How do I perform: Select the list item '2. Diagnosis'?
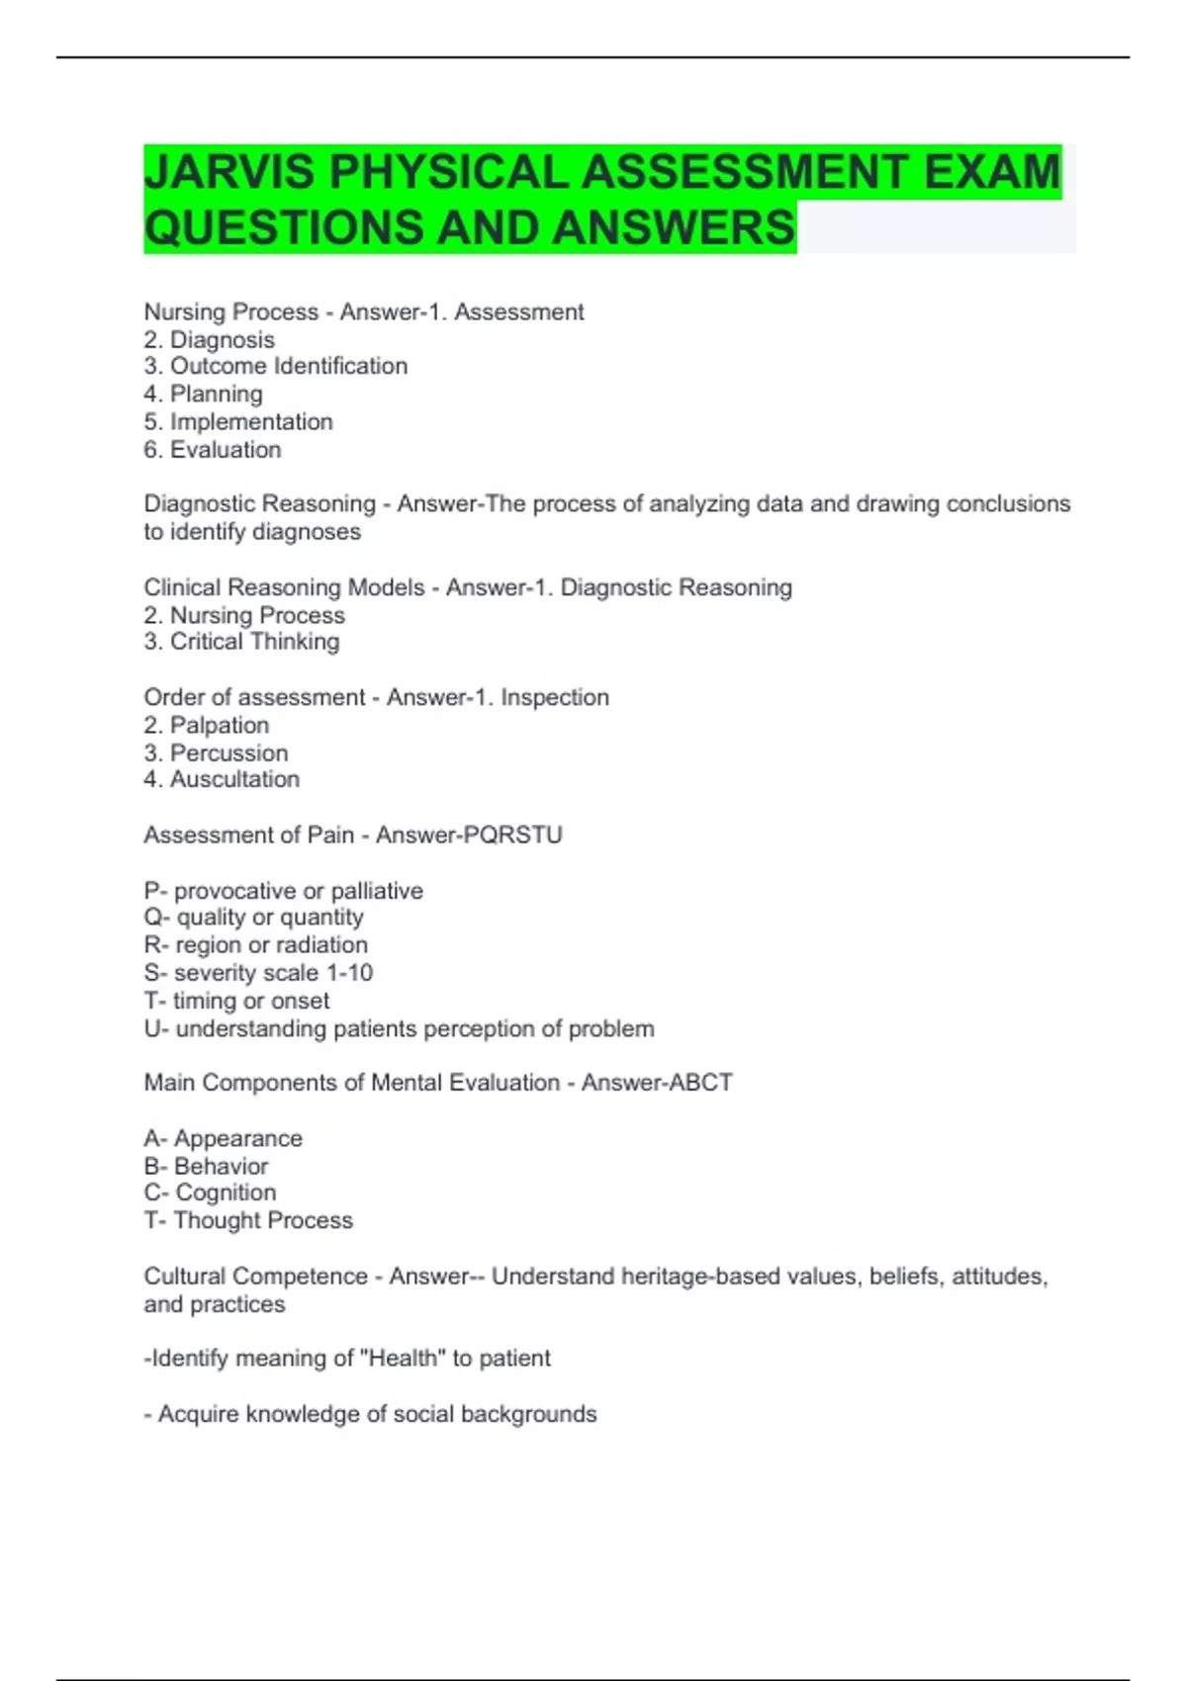tap(209, 339)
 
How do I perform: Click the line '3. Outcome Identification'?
tap(275, 366)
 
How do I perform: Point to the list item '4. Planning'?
tap(203, 394)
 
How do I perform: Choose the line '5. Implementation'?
tap(237, 421)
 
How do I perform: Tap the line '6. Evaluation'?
tap(212, 449)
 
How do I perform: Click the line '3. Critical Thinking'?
tap(241, 642)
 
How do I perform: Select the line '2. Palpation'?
tap(206, 725)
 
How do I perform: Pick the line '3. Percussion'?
tap(216, 752)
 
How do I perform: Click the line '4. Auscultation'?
tap(222, 779)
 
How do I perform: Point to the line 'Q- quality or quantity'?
tap(253, 918)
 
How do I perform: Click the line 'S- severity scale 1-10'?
tap(258, 973)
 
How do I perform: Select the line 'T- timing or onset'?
tap(236, 1001)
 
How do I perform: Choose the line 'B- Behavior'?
tap(206, 1166)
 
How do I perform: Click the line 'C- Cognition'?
tap(210, 1193)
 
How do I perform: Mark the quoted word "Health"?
tap(403, 1358)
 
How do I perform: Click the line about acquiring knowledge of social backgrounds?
tap(370, 1414)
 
